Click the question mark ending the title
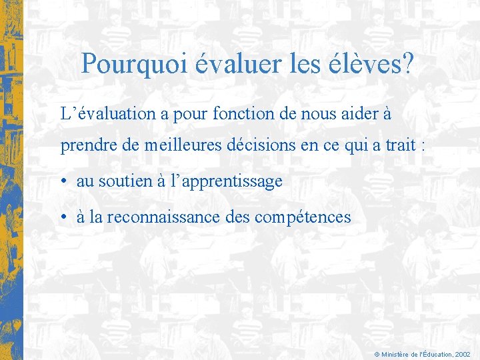407,65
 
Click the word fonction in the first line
243,114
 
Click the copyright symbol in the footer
377,355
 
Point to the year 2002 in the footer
463,355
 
